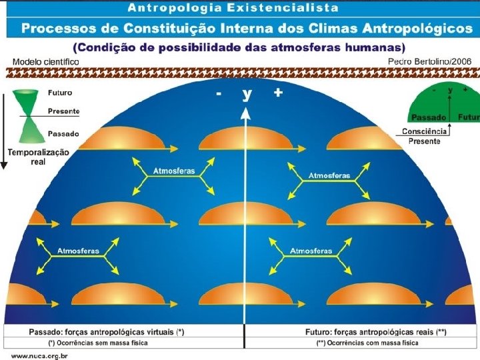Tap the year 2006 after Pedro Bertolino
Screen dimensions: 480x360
[459, 61]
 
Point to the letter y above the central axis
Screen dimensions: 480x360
[247, 94]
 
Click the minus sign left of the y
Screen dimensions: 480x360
[219, 94]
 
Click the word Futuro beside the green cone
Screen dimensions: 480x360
[60, 93]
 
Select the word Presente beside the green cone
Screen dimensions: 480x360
[63, 111]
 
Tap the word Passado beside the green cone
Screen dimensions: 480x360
[63, 133]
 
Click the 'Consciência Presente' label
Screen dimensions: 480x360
[424, 136]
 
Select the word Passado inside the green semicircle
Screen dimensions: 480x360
[429, 117]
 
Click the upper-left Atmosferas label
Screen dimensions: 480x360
[174, 171]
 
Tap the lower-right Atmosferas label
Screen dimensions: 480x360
[311, 251]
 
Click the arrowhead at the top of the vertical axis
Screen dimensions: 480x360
[246, 113]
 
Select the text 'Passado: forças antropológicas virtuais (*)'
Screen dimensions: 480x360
[107, 331]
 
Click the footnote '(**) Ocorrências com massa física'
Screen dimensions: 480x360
[367, 343]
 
